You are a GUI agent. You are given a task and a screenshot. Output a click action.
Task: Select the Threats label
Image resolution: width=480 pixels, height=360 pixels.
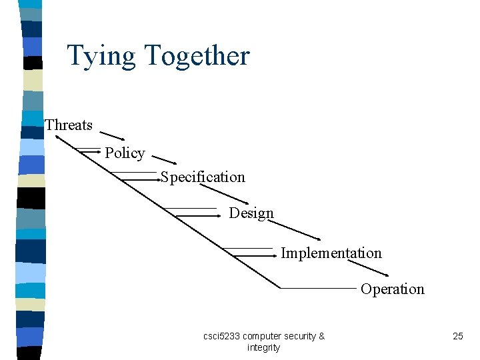[x=69, y=125]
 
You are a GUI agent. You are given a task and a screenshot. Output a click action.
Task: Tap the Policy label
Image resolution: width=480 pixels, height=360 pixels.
[x=125, y=153]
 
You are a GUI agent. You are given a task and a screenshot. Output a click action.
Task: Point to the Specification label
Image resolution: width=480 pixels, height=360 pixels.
[x=203, y=177]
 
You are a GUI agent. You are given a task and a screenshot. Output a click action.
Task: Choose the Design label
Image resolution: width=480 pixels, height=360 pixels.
[x=251, y=213]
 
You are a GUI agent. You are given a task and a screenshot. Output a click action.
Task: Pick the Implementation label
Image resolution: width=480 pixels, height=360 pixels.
[x=331, y=253]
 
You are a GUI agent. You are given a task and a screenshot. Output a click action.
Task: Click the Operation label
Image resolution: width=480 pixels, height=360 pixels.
[x=392, y=289]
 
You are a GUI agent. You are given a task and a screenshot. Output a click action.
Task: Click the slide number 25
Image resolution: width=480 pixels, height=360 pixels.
[x=457, y=336]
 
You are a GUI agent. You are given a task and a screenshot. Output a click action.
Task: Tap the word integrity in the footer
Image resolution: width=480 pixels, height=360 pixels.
[x=263, y=347]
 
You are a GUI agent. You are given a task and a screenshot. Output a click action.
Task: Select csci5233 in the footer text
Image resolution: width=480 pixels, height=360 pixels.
[x=221, y=336]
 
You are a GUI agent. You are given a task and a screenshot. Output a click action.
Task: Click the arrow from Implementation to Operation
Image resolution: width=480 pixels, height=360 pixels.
[x=367, y=266]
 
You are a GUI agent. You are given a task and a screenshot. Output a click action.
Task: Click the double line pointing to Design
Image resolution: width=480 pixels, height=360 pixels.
[x=197, y=213]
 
